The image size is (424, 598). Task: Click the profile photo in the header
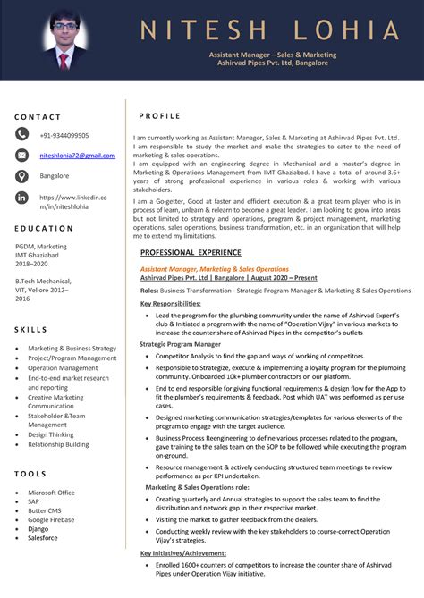coord(64,40)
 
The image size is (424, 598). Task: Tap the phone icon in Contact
coord(21,134)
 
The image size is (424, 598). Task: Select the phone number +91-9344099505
coord(64,135)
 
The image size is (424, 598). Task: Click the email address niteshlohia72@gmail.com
coord(77,156)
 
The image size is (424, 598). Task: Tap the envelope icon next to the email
coord(21,156)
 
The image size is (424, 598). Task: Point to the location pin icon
coord(21,176)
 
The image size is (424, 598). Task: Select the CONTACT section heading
coord(38,117)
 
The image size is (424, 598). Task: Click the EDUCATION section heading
coord(44,229)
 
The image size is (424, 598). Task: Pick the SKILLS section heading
coord(30,330)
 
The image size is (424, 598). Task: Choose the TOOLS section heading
coord(30,474)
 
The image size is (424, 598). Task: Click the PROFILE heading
coord(159,116)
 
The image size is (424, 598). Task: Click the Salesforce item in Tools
coord(42,538)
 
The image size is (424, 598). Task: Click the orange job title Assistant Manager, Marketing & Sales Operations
coord(214,269)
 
